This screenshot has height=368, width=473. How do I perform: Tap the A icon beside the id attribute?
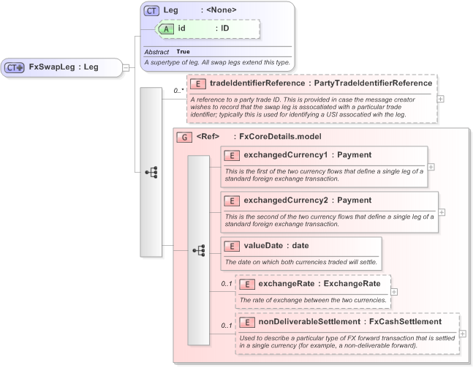coord(166,29)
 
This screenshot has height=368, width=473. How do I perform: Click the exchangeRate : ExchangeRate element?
coord(314,291)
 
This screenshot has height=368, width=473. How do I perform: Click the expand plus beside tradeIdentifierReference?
coord(440,97)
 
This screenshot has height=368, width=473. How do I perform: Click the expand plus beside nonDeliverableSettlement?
coord(462,334)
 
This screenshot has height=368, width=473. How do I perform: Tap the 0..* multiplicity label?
coord(178,91)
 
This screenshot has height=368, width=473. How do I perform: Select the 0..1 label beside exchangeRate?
coord(227,284)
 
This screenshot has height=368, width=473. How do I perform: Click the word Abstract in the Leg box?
coord(156,52)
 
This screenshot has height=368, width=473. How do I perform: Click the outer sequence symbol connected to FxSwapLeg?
coord(151,172)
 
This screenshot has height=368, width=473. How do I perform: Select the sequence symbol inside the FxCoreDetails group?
coord(198,250)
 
